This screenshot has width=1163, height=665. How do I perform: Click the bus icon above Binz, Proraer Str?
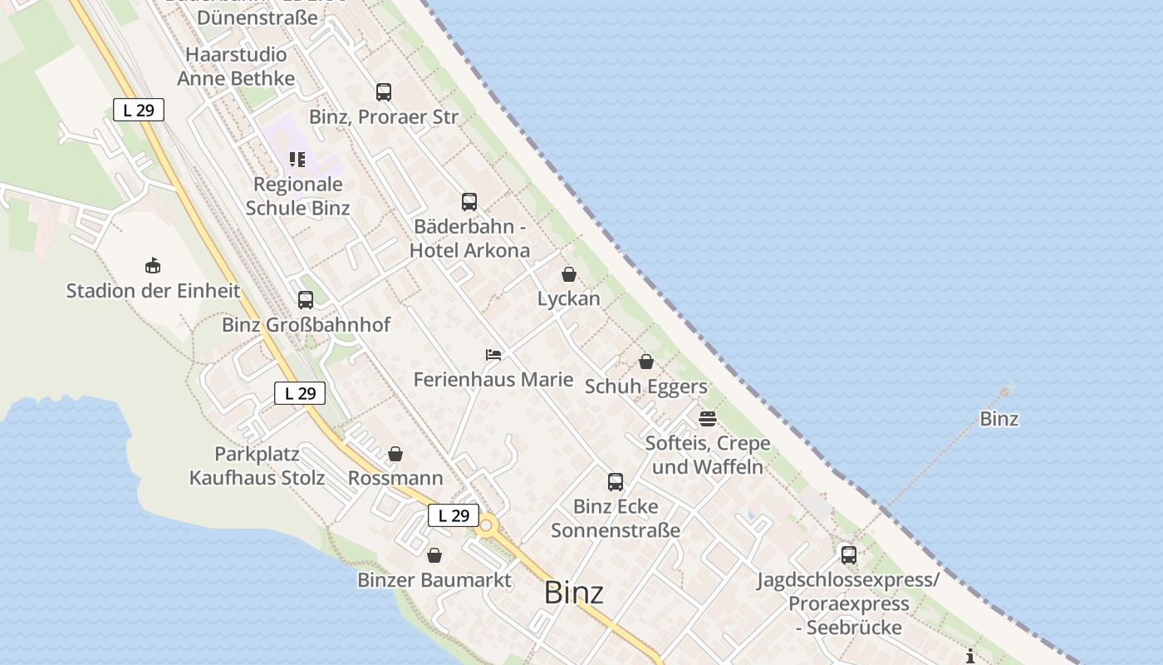click(x=383, y=92)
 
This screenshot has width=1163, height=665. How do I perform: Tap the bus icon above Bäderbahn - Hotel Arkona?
click(x=469, y=201)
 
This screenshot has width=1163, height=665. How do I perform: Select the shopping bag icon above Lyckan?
click(x=569, y=274)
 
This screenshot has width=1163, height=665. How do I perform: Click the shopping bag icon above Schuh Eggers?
click(x=646, y=362)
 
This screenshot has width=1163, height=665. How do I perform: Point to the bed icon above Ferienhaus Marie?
click(x=493, y=355)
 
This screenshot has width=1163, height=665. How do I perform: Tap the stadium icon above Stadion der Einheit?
click(x=153, y=266)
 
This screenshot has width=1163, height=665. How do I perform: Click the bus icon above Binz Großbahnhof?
click(x=306, y=300)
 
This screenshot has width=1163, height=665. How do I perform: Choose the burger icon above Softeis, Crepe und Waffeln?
click(x=708, y=418)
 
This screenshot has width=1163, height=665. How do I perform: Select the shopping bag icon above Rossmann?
click(x=395, y=455)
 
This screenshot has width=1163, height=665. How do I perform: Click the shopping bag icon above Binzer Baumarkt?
click(x=434, y=555)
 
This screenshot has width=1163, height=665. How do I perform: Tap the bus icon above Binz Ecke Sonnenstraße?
click(x=616, y=482)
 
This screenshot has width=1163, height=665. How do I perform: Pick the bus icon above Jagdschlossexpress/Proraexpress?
click(x=848, y=554)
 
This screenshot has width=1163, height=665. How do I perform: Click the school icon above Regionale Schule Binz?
click(x=297, y=160)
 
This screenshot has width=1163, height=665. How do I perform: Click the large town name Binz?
click(x=573, y=593)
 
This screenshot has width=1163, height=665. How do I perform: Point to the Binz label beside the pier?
click(x=999, y=419)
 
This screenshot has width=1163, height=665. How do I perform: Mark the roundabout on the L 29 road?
click(x=486, y=525)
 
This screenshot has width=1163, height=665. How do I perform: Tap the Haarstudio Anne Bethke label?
click(x=236, y=66)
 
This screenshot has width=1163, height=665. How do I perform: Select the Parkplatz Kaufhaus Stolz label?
click(x=257, y=466)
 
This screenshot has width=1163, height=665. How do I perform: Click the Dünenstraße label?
click(x=258, y=17)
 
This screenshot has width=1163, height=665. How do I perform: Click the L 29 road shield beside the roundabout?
click(x=454, y=515)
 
